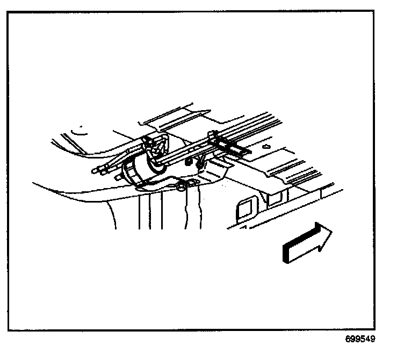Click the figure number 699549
pyautogui.click(x=360, y=340)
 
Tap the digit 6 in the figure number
pyautogui.click(x=348, y=340)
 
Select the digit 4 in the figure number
pyautogui.click(x=367, y=340)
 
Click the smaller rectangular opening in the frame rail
pyautogui.click(x=273, y=198)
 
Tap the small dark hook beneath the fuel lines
pyautogui.click(x=188, y=160)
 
